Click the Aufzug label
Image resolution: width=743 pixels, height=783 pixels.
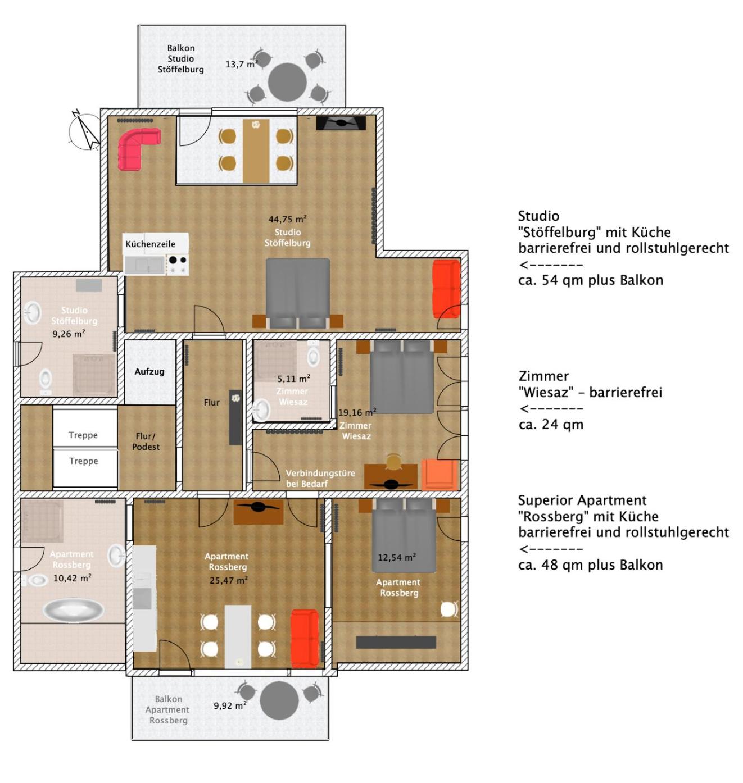coord(149,372)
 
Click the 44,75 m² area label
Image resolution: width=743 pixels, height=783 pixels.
coord(287,219)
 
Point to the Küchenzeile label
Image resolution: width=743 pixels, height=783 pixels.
coord(150,244)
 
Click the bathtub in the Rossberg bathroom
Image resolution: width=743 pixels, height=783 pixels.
coord(73,611)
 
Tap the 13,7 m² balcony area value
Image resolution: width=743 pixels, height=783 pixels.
coord(242,63)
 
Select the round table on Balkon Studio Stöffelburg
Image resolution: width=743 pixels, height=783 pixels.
coord(287,83)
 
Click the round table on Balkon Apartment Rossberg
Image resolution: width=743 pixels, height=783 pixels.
coord(279,700)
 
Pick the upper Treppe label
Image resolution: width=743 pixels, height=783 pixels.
coord(83,435)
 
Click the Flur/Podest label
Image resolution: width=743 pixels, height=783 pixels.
coord(146,441)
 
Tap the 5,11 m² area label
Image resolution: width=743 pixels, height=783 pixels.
coord(294,379)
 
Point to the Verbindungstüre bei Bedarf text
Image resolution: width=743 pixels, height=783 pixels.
coord(320,479)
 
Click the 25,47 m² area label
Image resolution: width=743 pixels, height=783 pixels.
coord(228,580)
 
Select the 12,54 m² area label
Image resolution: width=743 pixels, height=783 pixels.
coord(397,557)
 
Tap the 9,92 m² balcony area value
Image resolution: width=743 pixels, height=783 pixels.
coord(230,705)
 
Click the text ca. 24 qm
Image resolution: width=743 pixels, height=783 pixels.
coord(551,425)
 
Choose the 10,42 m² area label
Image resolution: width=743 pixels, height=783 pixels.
coord(72,578)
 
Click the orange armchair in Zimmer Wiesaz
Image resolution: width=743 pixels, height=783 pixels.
coord(440,475)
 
